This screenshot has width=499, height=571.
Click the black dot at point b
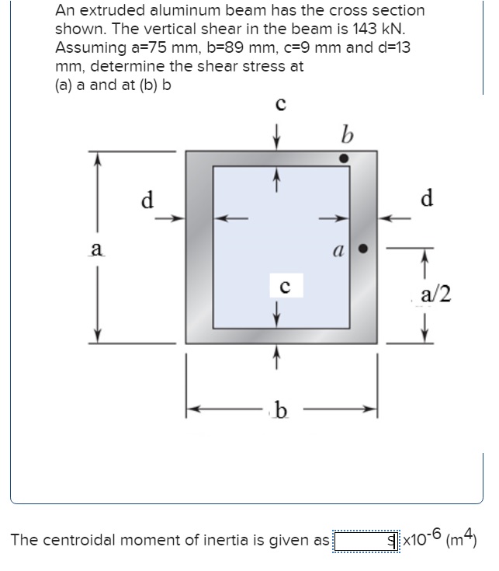pos(344,158)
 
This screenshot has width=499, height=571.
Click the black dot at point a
pos(362,249)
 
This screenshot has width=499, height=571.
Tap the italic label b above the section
pos(348,134)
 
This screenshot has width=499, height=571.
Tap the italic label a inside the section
pos(338,251)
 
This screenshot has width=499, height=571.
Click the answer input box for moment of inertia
pos(366,541)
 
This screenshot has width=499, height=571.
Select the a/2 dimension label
pos(435,294)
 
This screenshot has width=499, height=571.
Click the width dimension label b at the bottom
pos(281,410)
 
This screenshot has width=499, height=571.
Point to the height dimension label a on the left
pos(97,249)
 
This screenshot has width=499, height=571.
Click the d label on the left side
pos(147,200)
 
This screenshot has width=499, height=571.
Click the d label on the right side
pos(427,198)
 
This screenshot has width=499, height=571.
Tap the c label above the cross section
pos(281,104)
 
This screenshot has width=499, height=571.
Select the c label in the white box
pos(286,287)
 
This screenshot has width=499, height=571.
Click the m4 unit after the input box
pos(461,538)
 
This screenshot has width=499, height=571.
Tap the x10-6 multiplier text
pos(422,538)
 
